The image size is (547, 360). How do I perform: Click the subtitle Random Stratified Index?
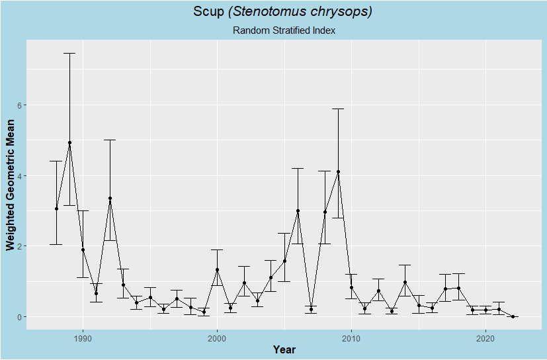pos(284,30)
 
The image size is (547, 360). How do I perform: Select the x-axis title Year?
pos(284,349)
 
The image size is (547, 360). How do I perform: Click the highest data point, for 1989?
pos(69,143)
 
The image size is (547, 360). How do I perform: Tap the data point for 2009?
pos(338,172)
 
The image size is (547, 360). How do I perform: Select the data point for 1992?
pos(110,199)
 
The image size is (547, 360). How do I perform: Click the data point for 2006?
pos(298,211)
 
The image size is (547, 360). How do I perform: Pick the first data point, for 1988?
pos(56,209)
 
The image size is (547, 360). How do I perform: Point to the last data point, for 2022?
pos(513,317)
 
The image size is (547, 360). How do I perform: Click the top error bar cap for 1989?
pos(69,53)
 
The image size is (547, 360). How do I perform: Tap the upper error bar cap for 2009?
pos(338,109)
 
